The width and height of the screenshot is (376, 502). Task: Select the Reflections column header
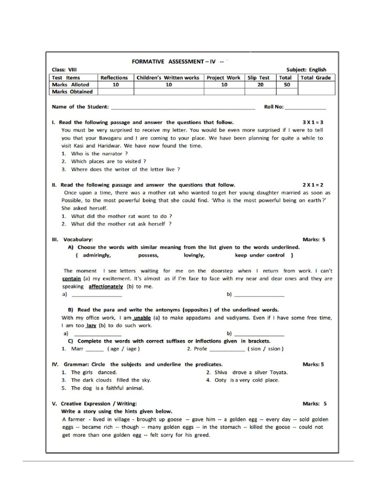[114, 77]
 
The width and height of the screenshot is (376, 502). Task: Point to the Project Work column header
[224, 77]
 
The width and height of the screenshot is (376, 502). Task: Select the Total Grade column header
[315, 77]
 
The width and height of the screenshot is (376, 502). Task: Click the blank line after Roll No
[305, 107]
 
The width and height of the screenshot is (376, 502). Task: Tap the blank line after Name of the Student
[183, 107]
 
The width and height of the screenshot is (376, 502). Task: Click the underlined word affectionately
[106, 286]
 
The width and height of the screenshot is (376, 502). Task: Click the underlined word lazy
[91, 326]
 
